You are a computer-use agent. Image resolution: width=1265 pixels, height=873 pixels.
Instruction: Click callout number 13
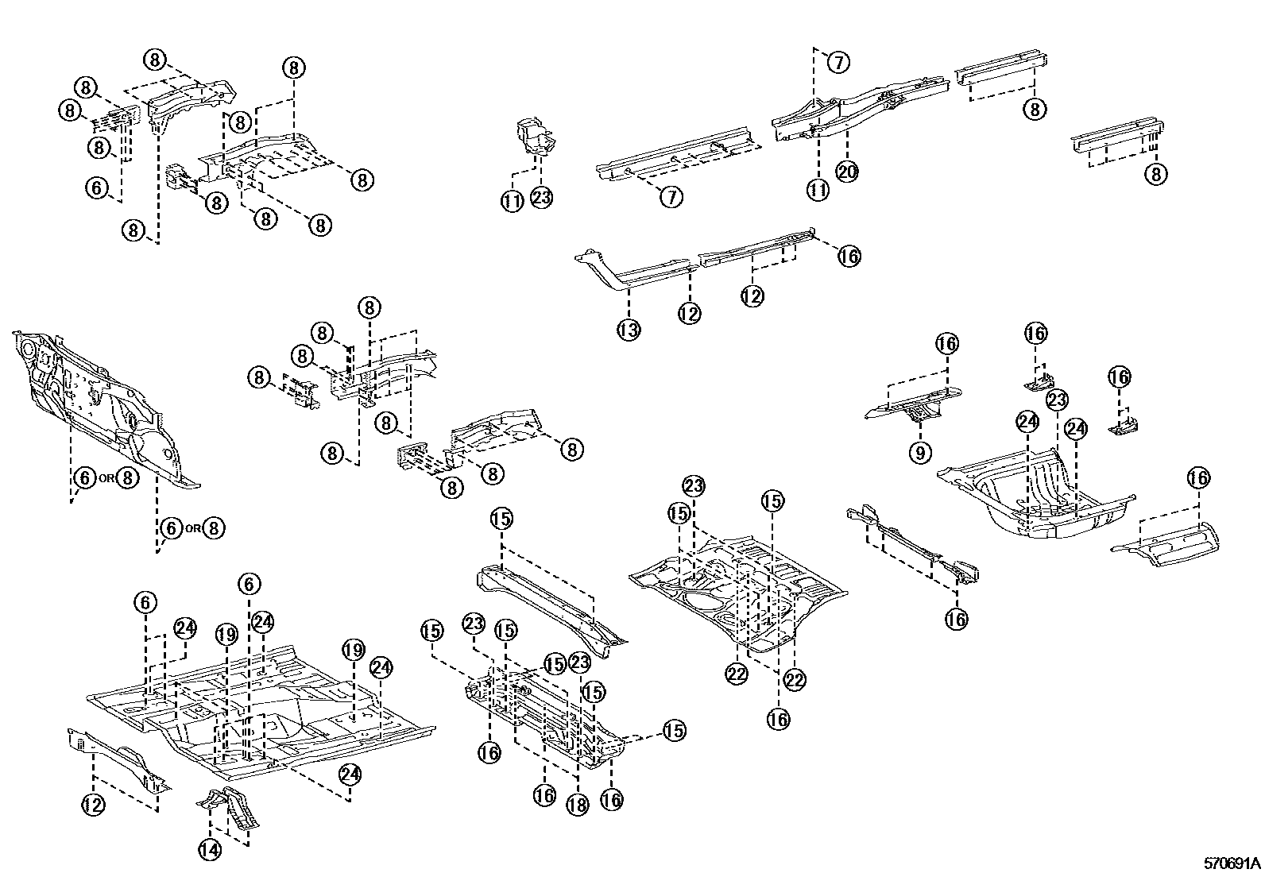click(629, 329)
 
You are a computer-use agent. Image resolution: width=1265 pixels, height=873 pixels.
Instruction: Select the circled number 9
click(920, 453)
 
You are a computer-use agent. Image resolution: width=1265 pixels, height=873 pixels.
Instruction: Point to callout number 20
click(848, 171)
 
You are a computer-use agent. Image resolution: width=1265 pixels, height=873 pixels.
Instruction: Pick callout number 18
click(577, 804)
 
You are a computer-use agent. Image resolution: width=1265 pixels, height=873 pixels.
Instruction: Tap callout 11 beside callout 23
click(513, 202)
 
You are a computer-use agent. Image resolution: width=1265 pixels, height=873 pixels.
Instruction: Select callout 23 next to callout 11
click(541, 199)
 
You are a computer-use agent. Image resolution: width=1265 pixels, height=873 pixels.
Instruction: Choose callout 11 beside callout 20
click(818, 189)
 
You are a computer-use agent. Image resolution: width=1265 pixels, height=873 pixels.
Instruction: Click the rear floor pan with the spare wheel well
click(1033, 496)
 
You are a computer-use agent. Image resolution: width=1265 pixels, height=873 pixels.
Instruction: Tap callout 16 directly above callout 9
click(946, 344)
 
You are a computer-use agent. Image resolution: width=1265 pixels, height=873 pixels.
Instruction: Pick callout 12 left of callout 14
click(93, 805)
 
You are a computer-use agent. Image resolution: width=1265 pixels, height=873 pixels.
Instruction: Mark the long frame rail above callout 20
click(862, 107)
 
